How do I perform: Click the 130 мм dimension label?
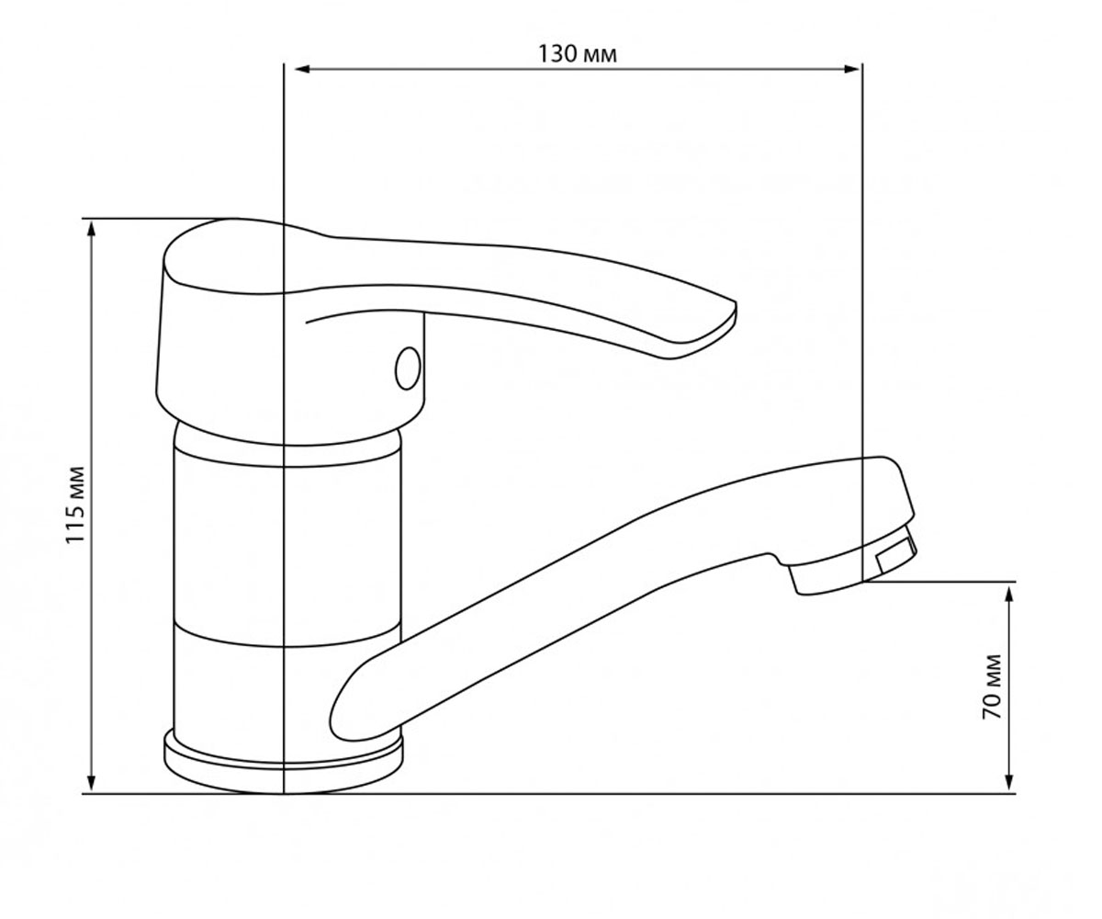coord(577,54)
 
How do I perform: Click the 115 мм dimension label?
coord(75,505)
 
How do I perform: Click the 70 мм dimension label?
coord(992,686)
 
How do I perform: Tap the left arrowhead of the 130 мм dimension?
coord(302,69)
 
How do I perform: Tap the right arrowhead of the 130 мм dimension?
coord(852,69)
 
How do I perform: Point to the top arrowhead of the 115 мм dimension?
coord(91,229)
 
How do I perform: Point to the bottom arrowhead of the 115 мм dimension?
coord(91,783)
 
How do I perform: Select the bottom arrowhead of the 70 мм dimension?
coord(1009,783)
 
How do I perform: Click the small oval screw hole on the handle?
coord(408,369)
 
